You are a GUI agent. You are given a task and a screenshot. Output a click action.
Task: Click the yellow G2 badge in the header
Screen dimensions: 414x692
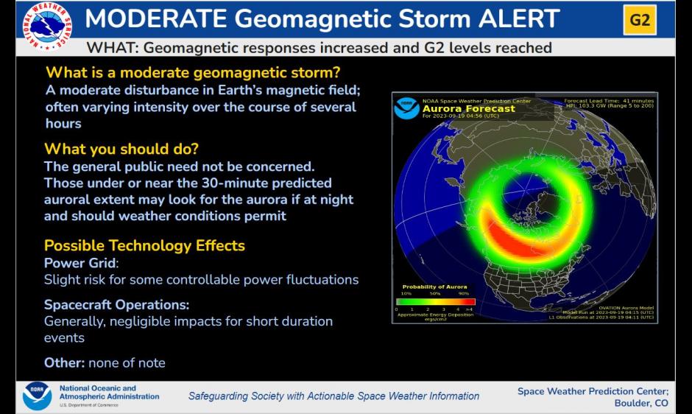[640, 20]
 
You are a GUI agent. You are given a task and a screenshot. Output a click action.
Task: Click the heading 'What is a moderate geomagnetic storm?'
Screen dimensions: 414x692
[193, 73]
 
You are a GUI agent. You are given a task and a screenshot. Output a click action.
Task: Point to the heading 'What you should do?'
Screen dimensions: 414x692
[121, 149]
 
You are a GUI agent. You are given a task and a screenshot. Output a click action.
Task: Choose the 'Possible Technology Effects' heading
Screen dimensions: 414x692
[144, 245]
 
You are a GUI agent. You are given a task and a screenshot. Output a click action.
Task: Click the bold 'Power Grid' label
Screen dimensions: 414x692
[80, 263]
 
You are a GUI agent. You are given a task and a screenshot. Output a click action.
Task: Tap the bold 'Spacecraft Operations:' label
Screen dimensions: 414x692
[116, 304]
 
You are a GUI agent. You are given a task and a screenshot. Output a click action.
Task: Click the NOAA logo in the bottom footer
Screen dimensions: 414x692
[37, 396]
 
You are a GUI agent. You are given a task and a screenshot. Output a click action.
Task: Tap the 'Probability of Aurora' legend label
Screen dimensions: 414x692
[434, 287]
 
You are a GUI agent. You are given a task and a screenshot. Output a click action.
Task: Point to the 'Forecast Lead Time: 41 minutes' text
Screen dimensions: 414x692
[608, 100]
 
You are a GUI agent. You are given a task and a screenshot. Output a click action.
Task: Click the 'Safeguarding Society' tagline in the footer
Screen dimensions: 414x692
[333, 396]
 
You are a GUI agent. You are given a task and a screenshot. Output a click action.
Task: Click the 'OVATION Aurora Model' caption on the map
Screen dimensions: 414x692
[626, 308]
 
